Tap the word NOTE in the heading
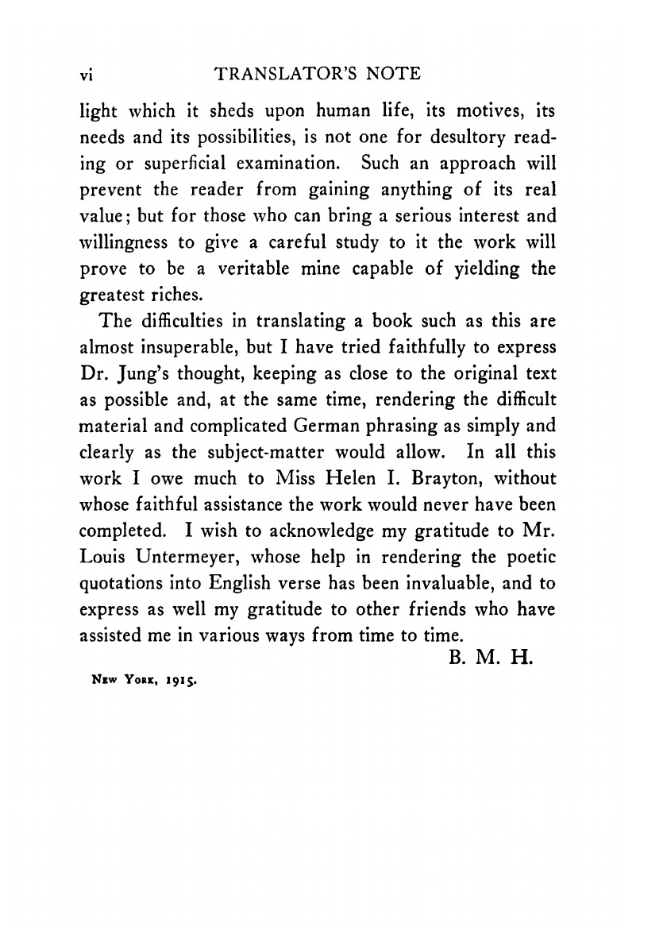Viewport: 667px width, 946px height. [391, 74]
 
